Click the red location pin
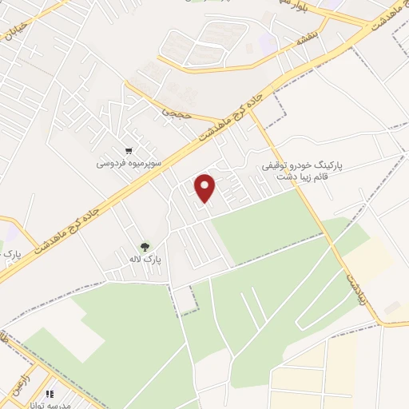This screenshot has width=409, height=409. pos(206,187)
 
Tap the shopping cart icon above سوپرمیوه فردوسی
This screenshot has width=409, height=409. pos(129,150)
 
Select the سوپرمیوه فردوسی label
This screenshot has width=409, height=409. pos(129,163)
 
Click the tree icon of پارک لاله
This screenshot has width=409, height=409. pos(145,248)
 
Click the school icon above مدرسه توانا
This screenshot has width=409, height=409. pos(50,393)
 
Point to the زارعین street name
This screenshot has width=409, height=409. pos(24,375)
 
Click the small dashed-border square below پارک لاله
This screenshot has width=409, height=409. pos(185,300)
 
